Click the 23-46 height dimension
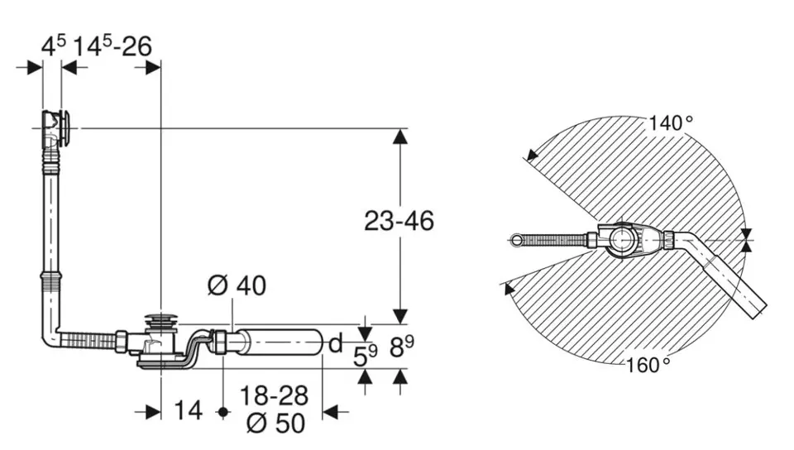[x=399, y=221]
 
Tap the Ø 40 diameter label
[x=237, y=286]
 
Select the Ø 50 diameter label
[x=276, y=424]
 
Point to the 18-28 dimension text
[x=274, y=396]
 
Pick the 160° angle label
[x=648, y=365]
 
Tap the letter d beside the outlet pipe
[x=336, y=343]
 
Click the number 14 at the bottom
[x=188, y=410]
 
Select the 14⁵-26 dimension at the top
[x=112, y=46]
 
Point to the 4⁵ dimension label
[x=53, y=46]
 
